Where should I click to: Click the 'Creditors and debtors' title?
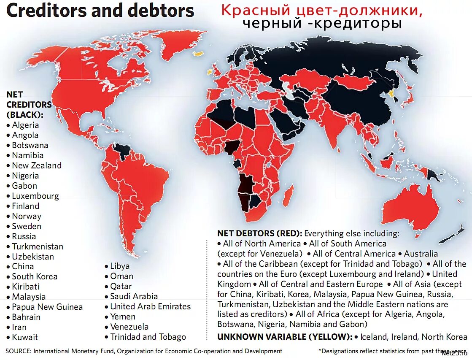coord(100,11)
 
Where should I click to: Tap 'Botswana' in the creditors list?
coord(30,145)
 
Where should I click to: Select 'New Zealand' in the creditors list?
coord(37,165)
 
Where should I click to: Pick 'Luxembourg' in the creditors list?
coord(35,196)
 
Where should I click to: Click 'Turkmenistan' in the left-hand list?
coord(38,246)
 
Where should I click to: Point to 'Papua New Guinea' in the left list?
coord(47,307)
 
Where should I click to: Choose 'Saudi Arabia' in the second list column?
coord(134,296)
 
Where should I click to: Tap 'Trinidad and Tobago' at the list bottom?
coord(148,337)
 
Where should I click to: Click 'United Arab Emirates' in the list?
coord(151,306)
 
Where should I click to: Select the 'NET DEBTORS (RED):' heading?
coord(260,233)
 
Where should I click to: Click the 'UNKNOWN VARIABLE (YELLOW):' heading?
coord(285,337)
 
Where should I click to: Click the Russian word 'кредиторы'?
coord(359,24)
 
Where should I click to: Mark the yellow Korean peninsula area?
coord(392,94)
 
